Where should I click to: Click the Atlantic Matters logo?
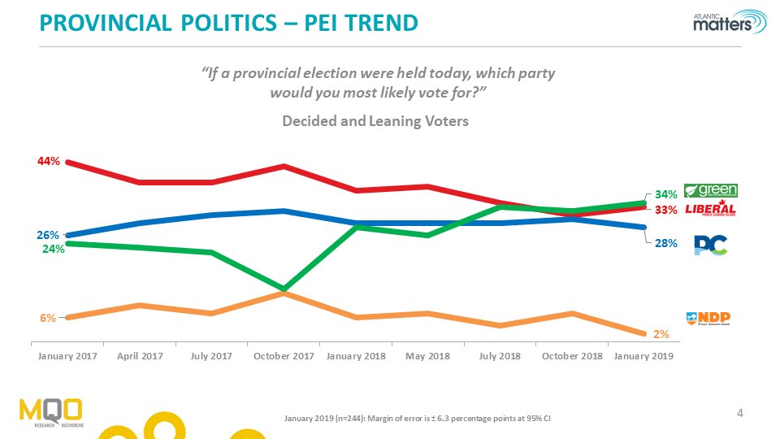click(729, 23)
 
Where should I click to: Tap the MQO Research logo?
click(51, 412)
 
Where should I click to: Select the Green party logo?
click(711, 190)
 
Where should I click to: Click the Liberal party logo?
click(711, 210)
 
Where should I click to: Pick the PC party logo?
click(710, 245)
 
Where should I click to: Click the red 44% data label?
click(48, 162)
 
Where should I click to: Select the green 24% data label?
click(54, 250)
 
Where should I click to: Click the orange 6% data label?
click(48, 318)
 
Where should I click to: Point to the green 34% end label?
click(666, 195)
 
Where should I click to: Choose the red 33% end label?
click(666, 210)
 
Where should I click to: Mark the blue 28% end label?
click(666, 242)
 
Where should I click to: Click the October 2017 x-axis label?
click(284, 357)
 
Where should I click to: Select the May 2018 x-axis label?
click(427, 357)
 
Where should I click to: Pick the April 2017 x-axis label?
click(140, 357)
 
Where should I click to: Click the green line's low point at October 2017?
click(284, 289)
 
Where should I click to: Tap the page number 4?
click(739, 414)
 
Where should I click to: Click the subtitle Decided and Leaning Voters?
click(375, 121)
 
